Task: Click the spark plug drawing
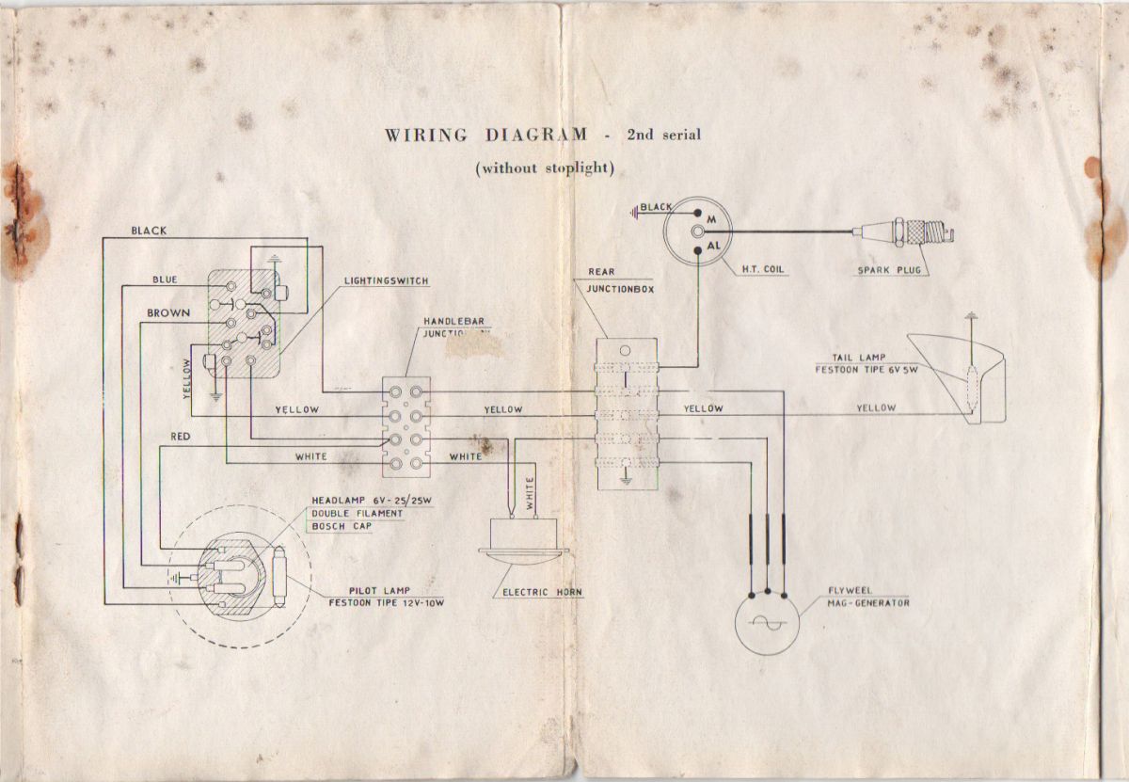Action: pyautogui.click(x=908, y=231)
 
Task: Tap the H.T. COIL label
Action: pyautogui.click(x=763, y=269)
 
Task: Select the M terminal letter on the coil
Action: pyautogui.click(x=712, y=215)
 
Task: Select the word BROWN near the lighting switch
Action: pyautogui.click(x=168, y=312)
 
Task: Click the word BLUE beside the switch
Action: pyautogui.click(x=167, y=279)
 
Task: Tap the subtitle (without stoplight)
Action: pyautogui.click(x=545, y=168)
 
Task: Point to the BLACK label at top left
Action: pyautogui.click(x=151, y=230)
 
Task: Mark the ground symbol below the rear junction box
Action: pyautogui.click(x=624, y=481)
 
